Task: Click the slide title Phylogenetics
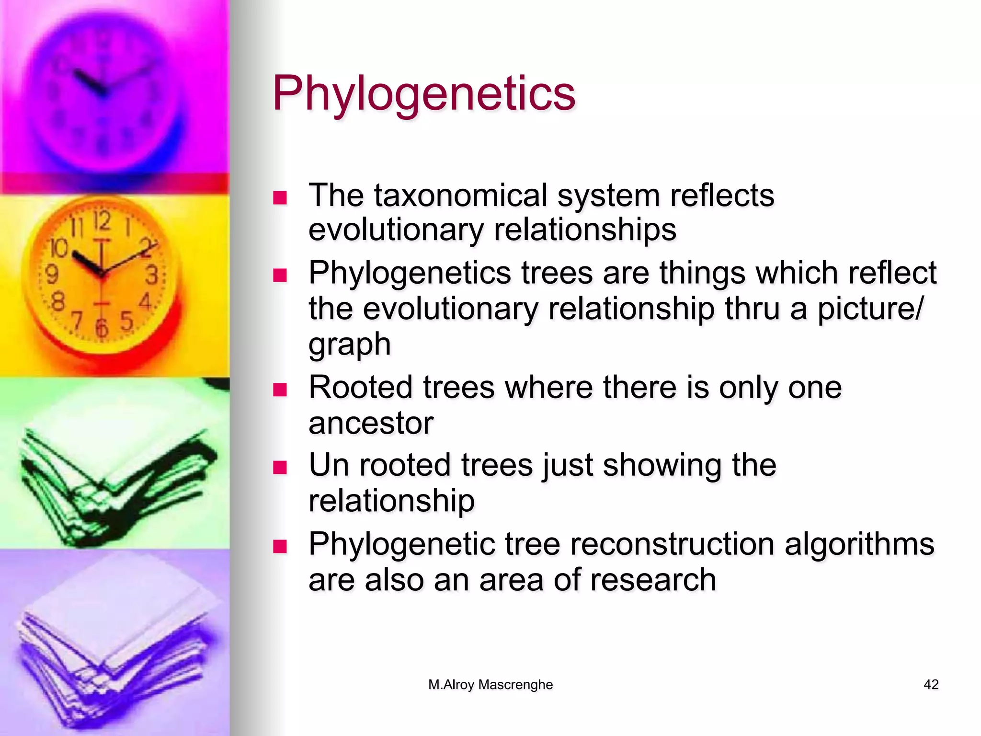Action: [423, 93]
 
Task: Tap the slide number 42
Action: [931, 684]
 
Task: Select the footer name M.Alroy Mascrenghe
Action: [490, 684]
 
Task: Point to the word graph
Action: [350, 345]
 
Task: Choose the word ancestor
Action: [371, 423]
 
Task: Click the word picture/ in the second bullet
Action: [869, 309]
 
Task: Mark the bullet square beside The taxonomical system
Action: [279, 198]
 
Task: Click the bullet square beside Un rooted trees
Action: [279, 467]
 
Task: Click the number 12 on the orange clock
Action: [102, 221]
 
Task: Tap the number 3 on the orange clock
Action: [152, 275]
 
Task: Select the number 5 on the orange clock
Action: [126, 321]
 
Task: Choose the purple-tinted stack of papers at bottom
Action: [115, 647]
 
